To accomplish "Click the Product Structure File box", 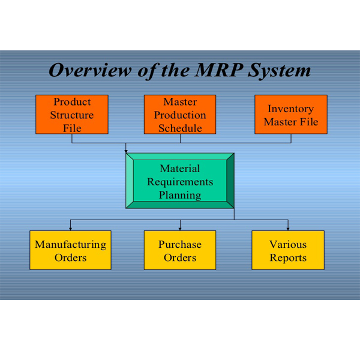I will [x=72, y=115].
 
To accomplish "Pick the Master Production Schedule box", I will [x=180, y=115].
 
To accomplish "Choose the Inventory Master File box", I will [x=291, y=115].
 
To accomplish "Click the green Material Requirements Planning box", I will [x=180, y=181].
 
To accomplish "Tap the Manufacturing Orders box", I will [x=70, y=250].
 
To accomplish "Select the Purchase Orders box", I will [x=180, y=250].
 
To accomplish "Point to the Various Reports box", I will [x=288, y=250].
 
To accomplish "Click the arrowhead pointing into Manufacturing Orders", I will [x=71, y=229].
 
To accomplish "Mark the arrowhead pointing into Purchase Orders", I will [x=180, y=229].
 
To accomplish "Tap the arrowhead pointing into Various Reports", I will [x=288, y=229].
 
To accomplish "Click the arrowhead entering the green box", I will [x=126, y=151].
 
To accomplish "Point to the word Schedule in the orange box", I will [x=180, y=128].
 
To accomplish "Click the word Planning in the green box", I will [x=180, y=194].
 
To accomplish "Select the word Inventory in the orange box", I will [x=291, y=109].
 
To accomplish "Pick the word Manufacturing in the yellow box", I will [x=70, y=244].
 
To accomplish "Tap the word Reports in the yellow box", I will [x=288, y=258].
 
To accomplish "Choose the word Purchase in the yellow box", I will [x=180, y=244].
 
